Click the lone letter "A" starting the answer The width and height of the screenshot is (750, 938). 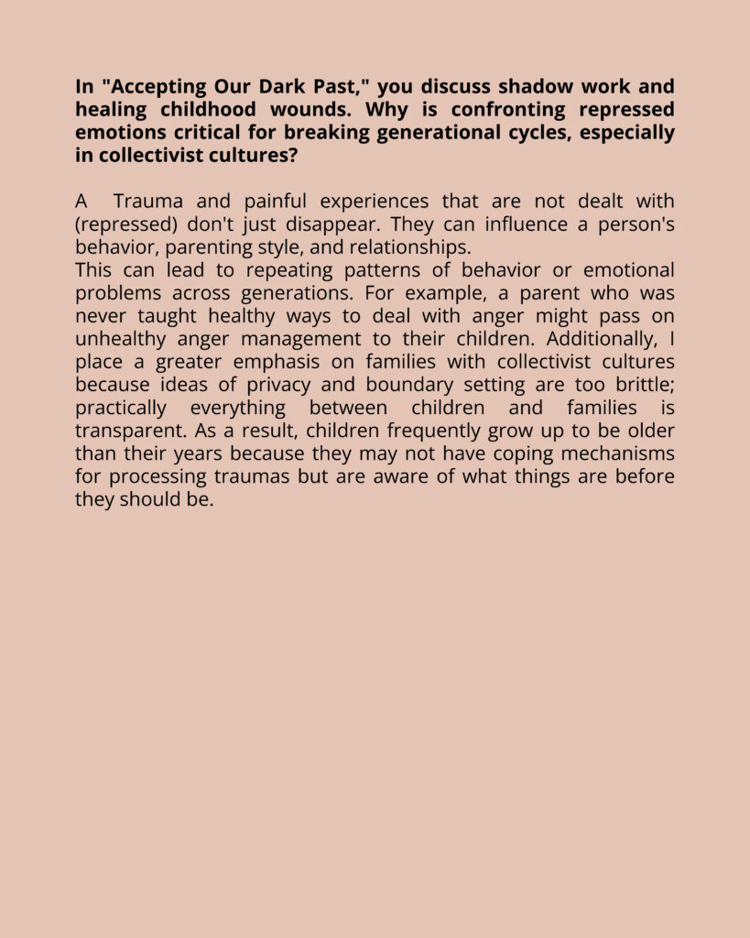click(82, 202)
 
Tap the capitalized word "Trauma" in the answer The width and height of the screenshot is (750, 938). click(147, 202)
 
